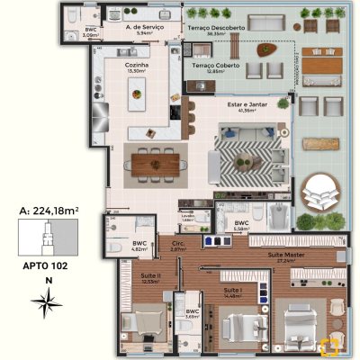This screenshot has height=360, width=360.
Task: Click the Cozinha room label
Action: click(x=138, y=65)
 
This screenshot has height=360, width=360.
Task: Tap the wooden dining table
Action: click(x=156, y=163)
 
